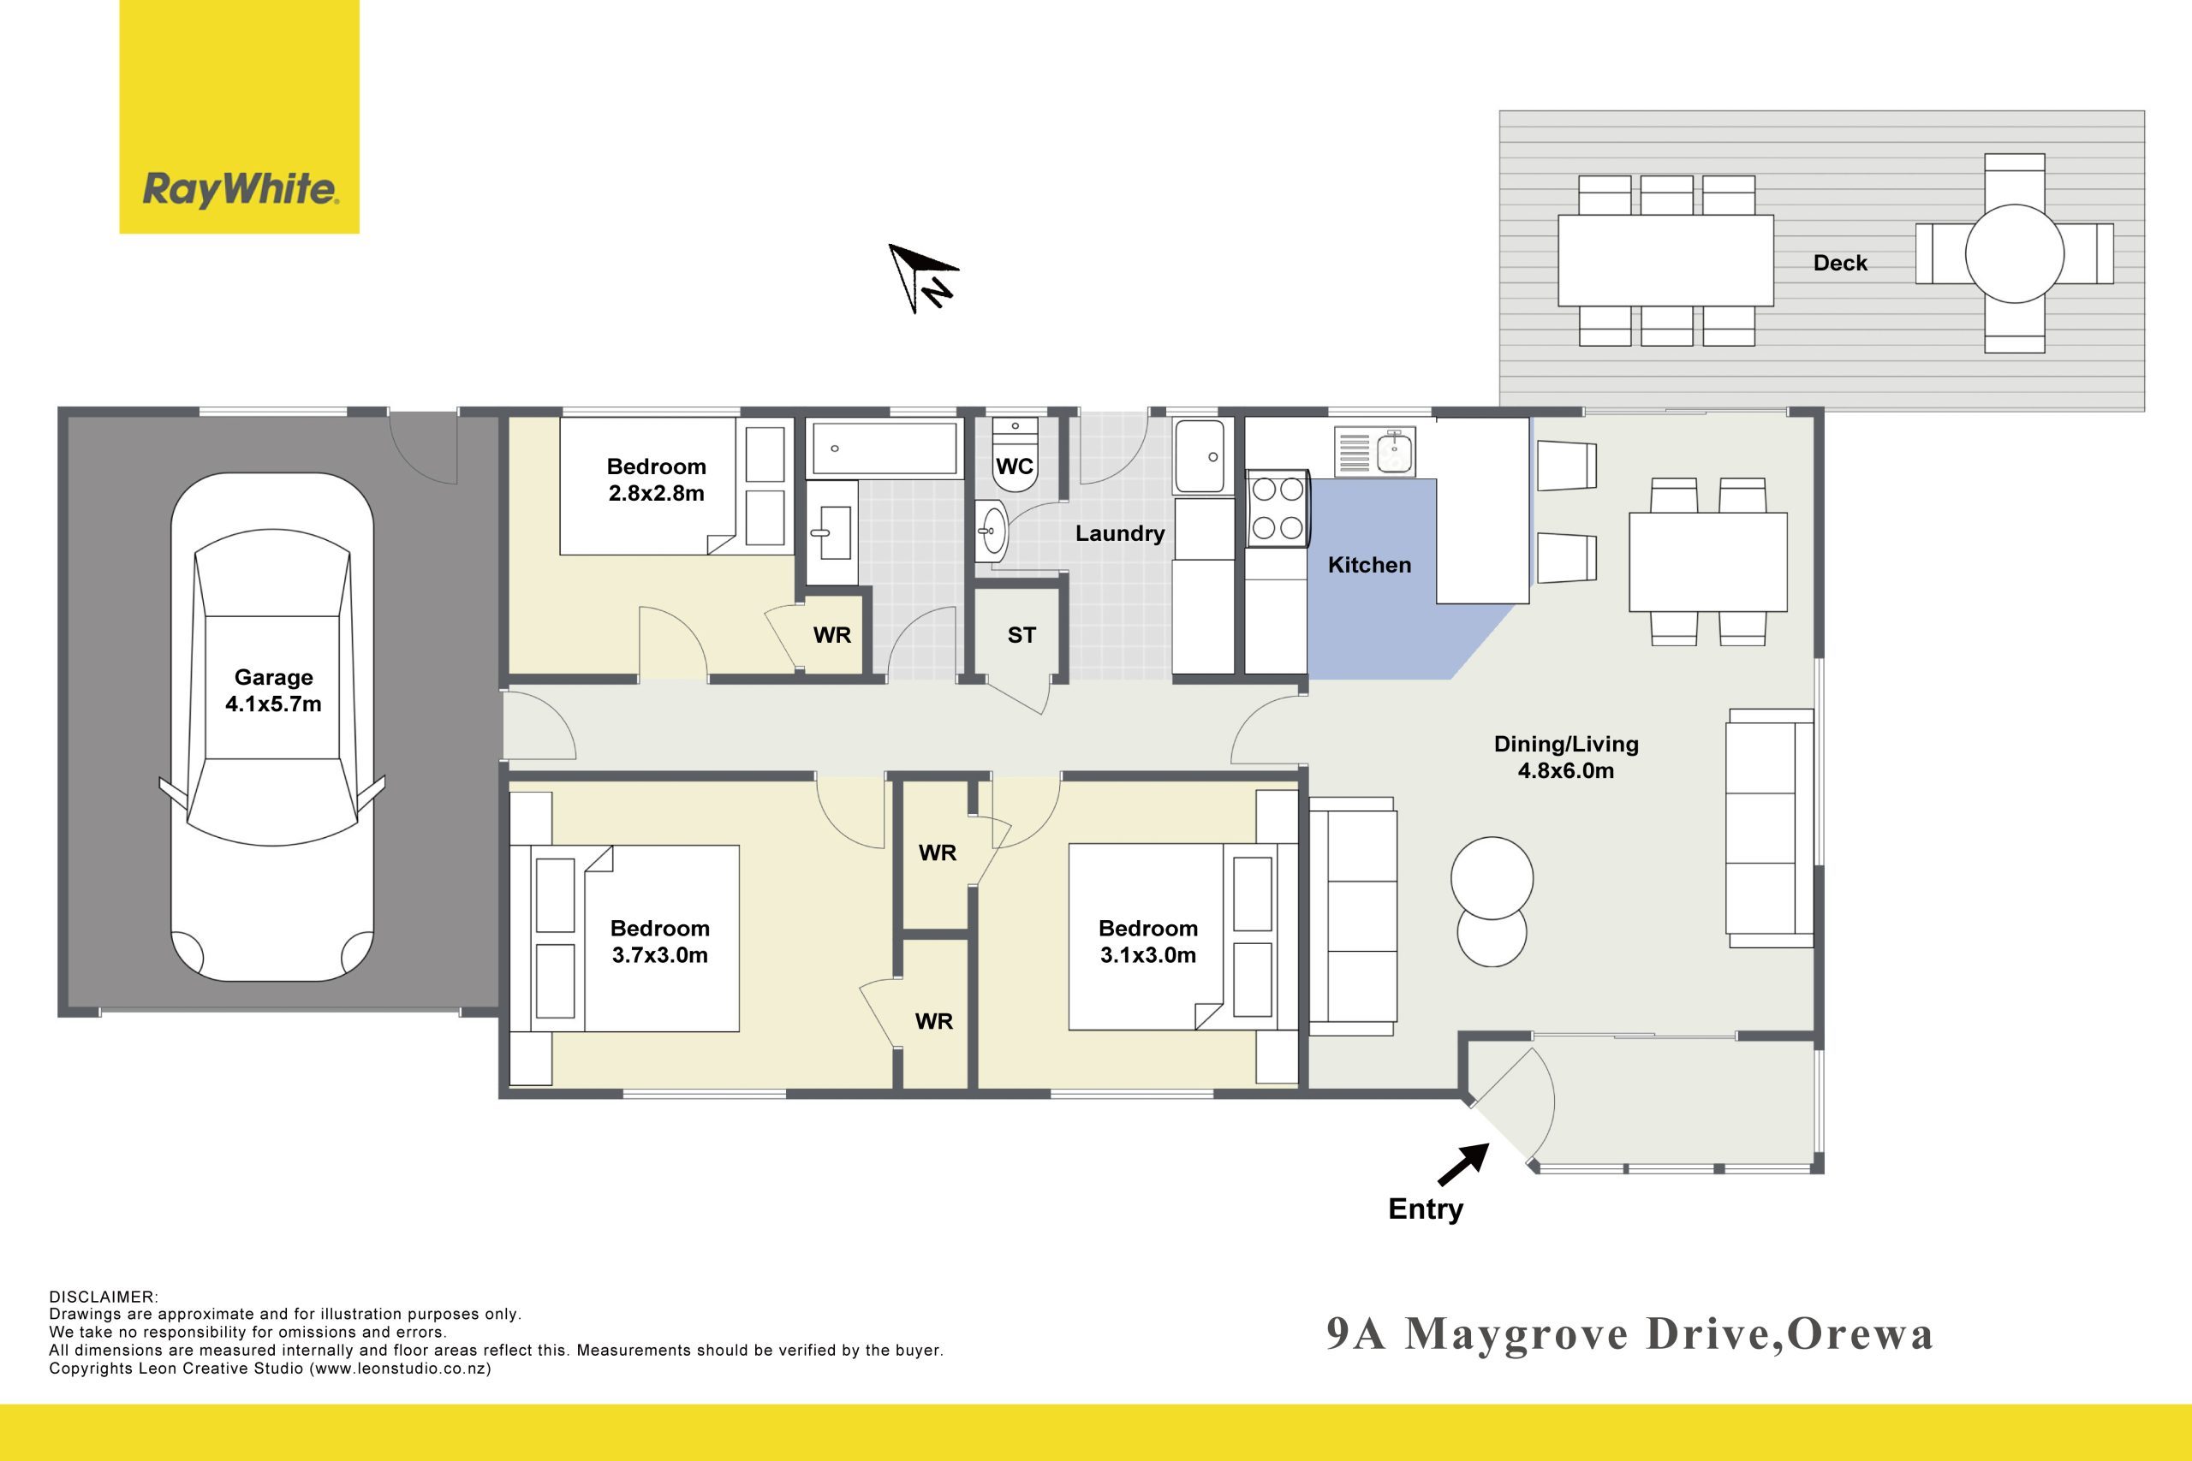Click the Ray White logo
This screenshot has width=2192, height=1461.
240,116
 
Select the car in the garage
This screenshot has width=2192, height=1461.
272,727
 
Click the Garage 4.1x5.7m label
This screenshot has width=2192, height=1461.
273,691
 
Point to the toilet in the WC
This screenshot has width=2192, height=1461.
1015,454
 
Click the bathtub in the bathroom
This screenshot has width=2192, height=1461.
885,448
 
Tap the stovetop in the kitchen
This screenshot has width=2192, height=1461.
1278,508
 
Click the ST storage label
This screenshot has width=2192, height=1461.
1022,635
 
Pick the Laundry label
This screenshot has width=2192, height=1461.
1120,533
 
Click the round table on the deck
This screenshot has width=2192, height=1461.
2015,253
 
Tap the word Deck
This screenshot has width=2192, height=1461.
1841,263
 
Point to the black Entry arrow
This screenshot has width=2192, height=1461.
1463,1165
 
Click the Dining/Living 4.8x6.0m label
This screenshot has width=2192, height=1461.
1566,757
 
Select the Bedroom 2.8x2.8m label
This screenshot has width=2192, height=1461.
656,480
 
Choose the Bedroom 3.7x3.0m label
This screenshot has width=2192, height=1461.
660,941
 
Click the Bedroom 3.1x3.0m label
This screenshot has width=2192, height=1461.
1148,941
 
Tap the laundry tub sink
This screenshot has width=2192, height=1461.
1200,456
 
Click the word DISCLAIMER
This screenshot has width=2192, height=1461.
104,1297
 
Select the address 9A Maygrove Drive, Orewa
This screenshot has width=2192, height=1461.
1630,1334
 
